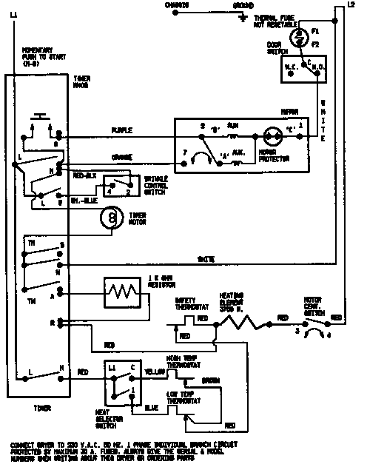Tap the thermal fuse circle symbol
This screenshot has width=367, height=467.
coord(300,35)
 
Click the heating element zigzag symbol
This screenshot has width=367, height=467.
coord(243,322)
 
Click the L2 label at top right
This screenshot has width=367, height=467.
coord(351,5)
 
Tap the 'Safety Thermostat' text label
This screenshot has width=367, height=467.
coord(190,304)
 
